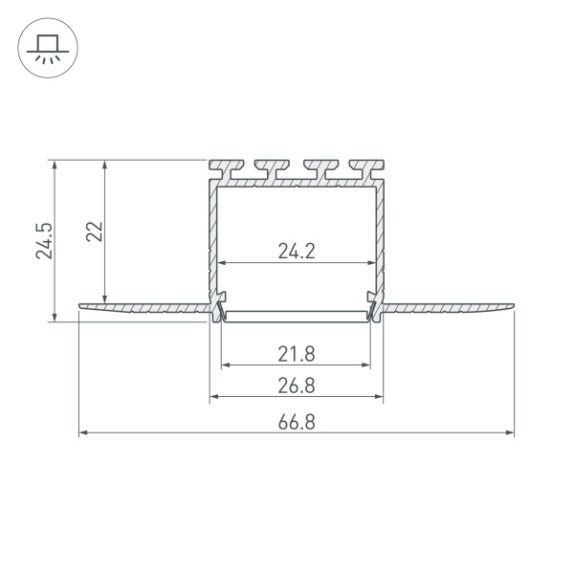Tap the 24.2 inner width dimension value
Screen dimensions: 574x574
click(x=297, y=252)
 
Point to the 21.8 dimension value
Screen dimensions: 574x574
click(x=297, y=353)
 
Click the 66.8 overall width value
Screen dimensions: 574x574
click(x=297, y=422)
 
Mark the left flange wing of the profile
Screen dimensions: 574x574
click(x=143, y=308)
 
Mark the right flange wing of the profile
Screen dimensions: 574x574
click(x=450, y=308)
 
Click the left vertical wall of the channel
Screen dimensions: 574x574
click(x=211, y=239)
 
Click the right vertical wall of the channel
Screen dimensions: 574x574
click(x=381, y=239)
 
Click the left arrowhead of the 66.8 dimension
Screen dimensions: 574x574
click(x=83, y=433)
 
